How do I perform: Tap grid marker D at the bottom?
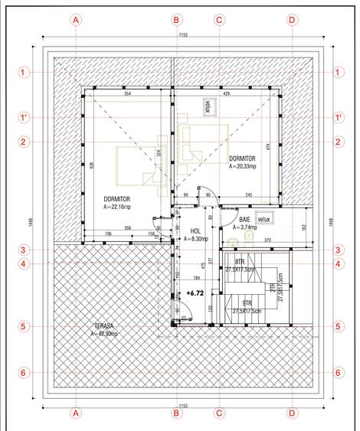pos(291,413)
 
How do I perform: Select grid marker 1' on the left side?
pos(24,117)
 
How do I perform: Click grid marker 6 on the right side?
pos(339,372)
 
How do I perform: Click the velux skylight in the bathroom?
pos(264,219)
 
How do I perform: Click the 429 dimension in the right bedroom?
pos(227,93)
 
